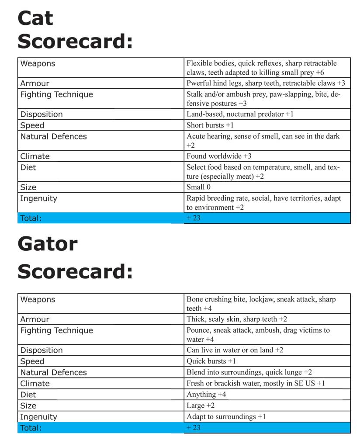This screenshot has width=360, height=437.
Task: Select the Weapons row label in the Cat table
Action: coord(38,64)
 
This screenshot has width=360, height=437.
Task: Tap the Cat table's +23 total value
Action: coord(193,218)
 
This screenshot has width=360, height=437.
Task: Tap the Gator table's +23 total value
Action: coord(193,428)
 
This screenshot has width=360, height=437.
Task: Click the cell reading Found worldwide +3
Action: coord(219,156)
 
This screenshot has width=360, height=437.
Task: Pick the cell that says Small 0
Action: coord(198,187)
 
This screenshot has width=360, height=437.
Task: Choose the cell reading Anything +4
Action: coord(206,395)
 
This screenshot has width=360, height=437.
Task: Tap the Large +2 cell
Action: coord(201,406)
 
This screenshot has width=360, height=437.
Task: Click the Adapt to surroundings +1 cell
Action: coord(226,417)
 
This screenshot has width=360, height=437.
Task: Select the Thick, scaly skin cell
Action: coord(236,319)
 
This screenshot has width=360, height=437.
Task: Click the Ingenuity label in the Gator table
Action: coord(38,417)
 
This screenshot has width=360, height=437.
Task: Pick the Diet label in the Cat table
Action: coord(28,167)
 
